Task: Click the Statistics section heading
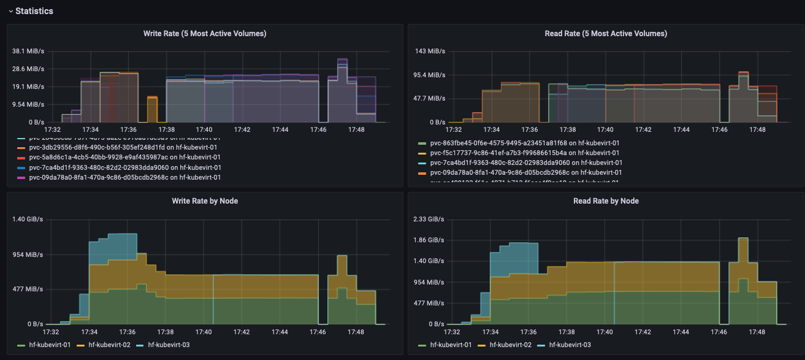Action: pos(34,11)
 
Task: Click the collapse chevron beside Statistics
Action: pos(10,11)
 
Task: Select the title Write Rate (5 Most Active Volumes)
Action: pos(205,33)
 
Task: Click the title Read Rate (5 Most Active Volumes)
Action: pos(606,33)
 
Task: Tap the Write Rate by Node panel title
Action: pos(205,201)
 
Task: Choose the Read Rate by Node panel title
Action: pos(606,201)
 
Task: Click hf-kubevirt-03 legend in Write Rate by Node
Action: pos(169,345)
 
